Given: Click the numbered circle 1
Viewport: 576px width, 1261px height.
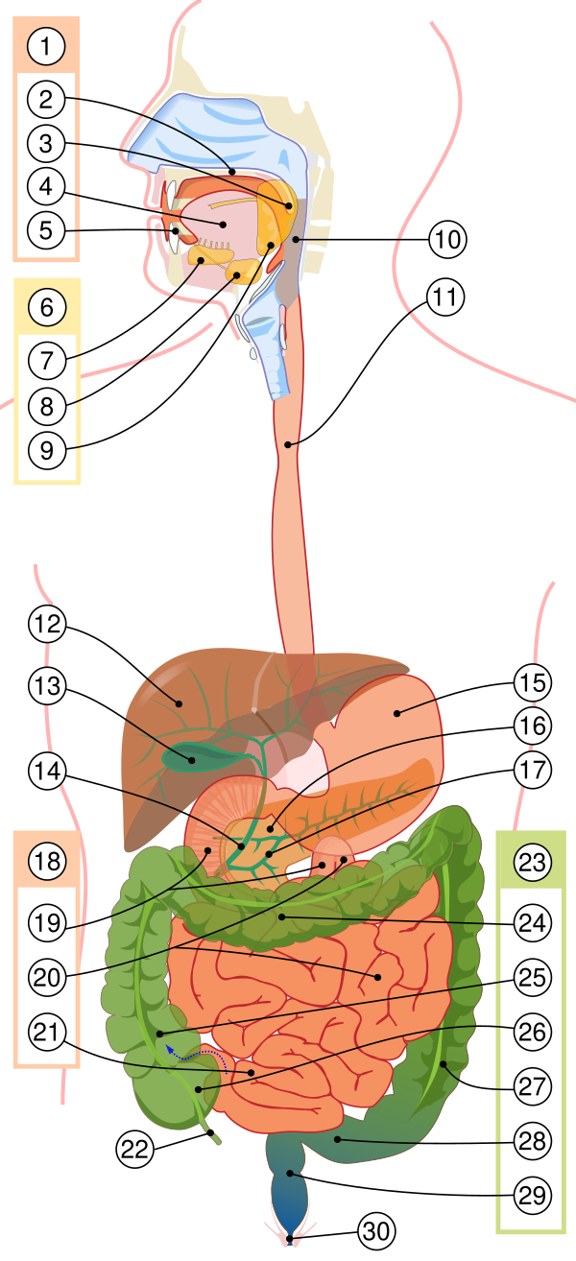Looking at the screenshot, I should (x=46, y=44).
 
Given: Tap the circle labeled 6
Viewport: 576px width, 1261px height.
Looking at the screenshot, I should (x=47, y=308).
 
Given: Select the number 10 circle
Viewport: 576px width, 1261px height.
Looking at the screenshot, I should (x=446, y=240).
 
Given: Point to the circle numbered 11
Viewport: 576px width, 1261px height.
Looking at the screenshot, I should (x=444, y=297).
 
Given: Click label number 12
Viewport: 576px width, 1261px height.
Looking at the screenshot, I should (x=46, y=626).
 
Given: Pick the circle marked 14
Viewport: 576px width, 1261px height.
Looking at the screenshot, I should (x=46, y=772).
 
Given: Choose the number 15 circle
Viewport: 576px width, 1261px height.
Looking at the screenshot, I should (x=531, y=683).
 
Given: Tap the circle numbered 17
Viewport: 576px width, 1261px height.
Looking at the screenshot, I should (x=531, y=770).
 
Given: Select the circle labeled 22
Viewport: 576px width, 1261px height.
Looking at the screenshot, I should (x=134, y=1150).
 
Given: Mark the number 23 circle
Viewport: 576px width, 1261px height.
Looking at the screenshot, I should (x=531, y=862).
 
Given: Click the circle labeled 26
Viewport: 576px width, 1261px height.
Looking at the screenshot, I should (x=531, y=1033).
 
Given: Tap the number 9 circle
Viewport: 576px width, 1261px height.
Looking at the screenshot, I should (x=46, y=448).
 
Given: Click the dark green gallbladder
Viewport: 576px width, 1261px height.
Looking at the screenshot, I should (x=192, y=758).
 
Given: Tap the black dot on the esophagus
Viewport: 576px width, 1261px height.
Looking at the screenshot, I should (x=290, y=443).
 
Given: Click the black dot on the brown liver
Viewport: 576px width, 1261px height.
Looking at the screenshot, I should (x=178, y=702).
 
